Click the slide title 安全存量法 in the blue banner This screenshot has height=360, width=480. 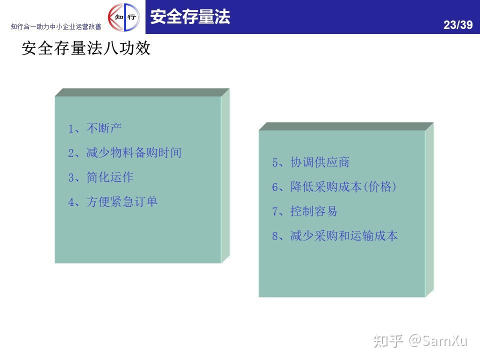(x=190, y=16)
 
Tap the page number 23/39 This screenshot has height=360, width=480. (x=458, y=25)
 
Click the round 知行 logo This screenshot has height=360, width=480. (x=124, y=17)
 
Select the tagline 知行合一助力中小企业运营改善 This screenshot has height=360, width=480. (x=56, y=26)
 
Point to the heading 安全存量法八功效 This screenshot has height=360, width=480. (x=86, y=48)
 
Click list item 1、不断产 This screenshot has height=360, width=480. (x=94, y=128)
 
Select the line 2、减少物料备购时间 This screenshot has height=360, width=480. (x=124, y=152)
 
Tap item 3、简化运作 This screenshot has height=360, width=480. (x=100, y=177)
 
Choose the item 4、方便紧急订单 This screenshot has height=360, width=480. (x=112, y=201)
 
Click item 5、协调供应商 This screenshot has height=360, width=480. (x=310, y=162)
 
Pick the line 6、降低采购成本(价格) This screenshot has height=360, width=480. (x=334, y=186)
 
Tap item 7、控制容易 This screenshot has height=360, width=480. (x=304, y=211)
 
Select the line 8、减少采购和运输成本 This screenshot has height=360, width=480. (x=335, y=235)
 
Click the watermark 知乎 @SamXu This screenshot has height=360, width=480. (x=420, y=340)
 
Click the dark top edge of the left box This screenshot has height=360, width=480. (x=142, y=92)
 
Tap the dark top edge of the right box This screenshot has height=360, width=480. (x=346, y=126)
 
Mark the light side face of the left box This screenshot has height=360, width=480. (x=225, y=175)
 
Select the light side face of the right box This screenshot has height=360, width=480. (x=429, y=209)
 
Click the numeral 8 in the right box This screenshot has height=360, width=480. (x=275, y=236)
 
